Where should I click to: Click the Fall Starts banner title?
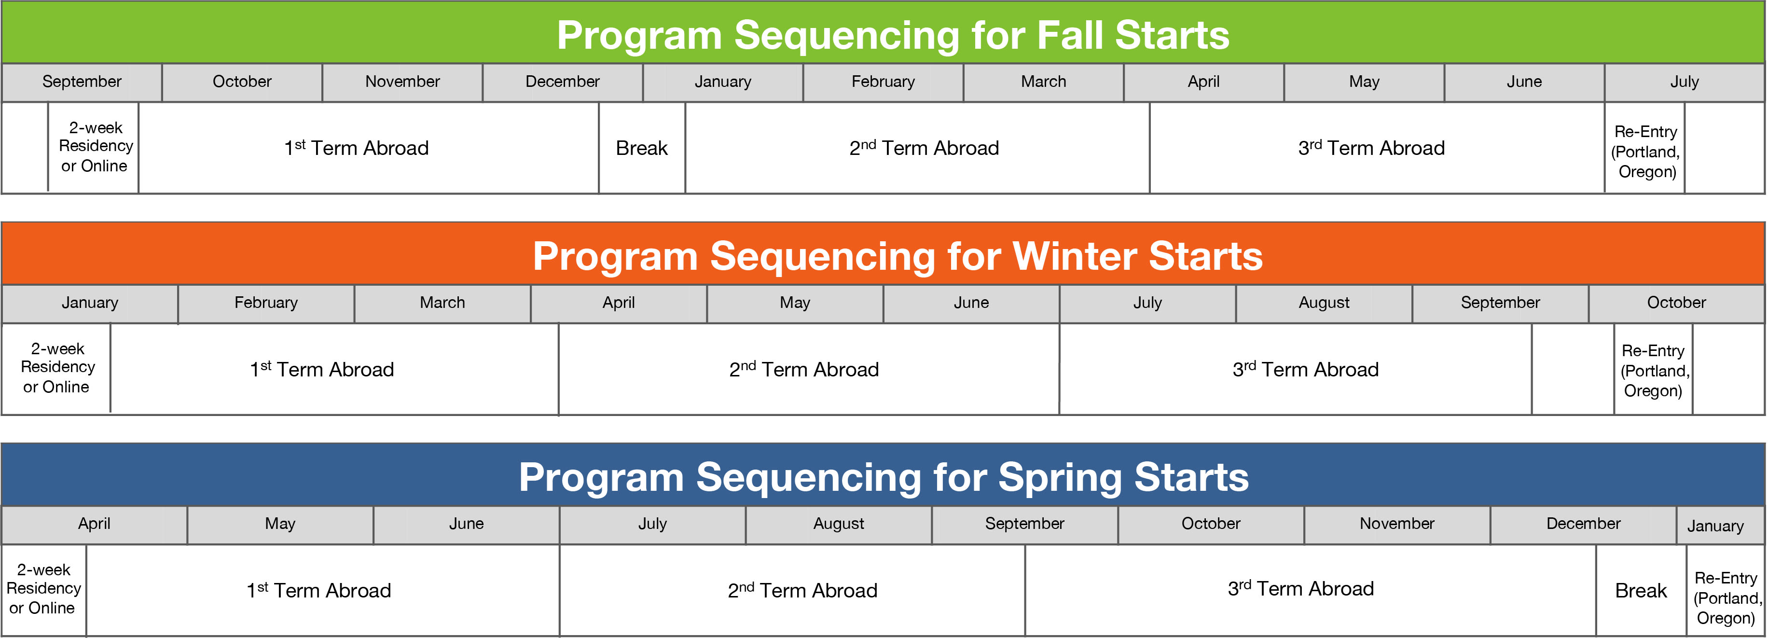pyautogui.click(x=893, y=35)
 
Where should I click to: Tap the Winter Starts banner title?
pyautogui.click(x=897, y=256)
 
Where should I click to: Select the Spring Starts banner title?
pyautogui.click(x=884, y=477)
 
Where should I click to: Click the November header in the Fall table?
pyautogui.click(x=402, y=82)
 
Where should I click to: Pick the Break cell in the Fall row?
pyautogui.click(x=642, y=148)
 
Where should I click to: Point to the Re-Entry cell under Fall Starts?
pyautogui.click(x=1645, y=151)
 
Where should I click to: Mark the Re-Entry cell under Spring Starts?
pyautogui.click(x=1726, y=597)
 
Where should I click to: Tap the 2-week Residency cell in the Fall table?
pyautogui.click(x=94, y=147)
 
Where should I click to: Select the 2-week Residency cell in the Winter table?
pyautogui.click(x=56, y=368)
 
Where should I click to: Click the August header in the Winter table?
pyautogui.click(x=1324, y=303)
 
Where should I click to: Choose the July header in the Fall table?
pyautogui.click(x=1684, y=82)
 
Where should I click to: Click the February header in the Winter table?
pyautogui.click(x=266, y=303)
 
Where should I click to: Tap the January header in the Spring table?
pyautogui.click(x=1715, y=526)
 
